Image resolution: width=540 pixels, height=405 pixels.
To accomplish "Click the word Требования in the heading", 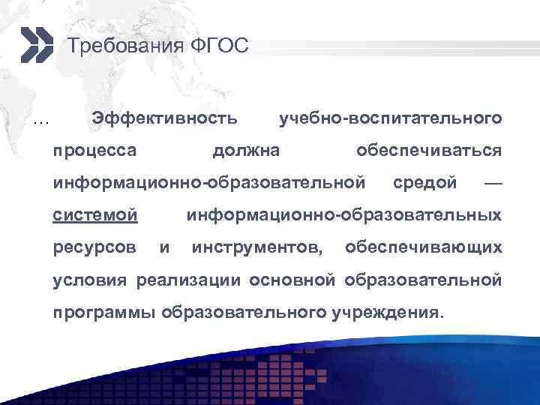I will [x=121, y=46].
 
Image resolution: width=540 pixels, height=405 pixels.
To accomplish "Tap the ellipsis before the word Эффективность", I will [x=41, y=120].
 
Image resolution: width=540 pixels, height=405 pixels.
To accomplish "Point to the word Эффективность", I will [x=164, y=118].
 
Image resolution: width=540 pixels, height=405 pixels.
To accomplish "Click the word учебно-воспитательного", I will [x=390, y=118].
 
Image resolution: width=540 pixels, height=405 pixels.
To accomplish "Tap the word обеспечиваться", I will [x=429, y=151].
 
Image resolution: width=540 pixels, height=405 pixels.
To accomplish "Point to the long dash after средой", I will [x=493, y=183].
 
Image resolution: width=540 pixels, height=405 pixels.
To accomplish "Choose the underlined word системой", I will [x=94, y=216].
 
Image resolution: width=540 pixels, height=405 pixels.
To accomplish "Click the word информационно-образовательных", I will [x=344, y=216].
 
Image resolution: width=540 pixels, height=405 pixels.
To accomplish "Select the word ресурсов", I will [x=94, y=247].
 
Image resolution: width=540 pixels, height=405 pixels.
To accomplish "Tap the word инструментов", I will [x=259, y=247].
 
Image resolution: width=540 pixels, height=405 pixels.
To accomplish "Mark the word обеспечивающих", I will [x=423, y=247].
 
